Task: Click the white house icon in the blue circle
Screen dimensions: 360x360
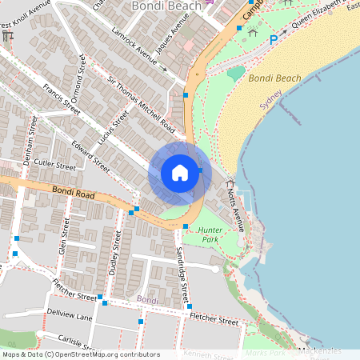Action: point(180,173)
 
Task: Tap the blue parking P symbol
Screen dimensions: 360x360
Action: point(274,38)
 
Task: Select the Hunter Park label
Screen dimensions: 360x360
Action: point(210,234)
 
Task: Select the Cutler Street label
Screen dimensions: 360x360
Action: point(54,166)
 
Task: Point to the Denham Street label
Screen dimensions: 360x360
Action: point(30,139)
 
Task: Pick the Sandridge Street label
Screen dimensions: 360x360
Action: point(182,272)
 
